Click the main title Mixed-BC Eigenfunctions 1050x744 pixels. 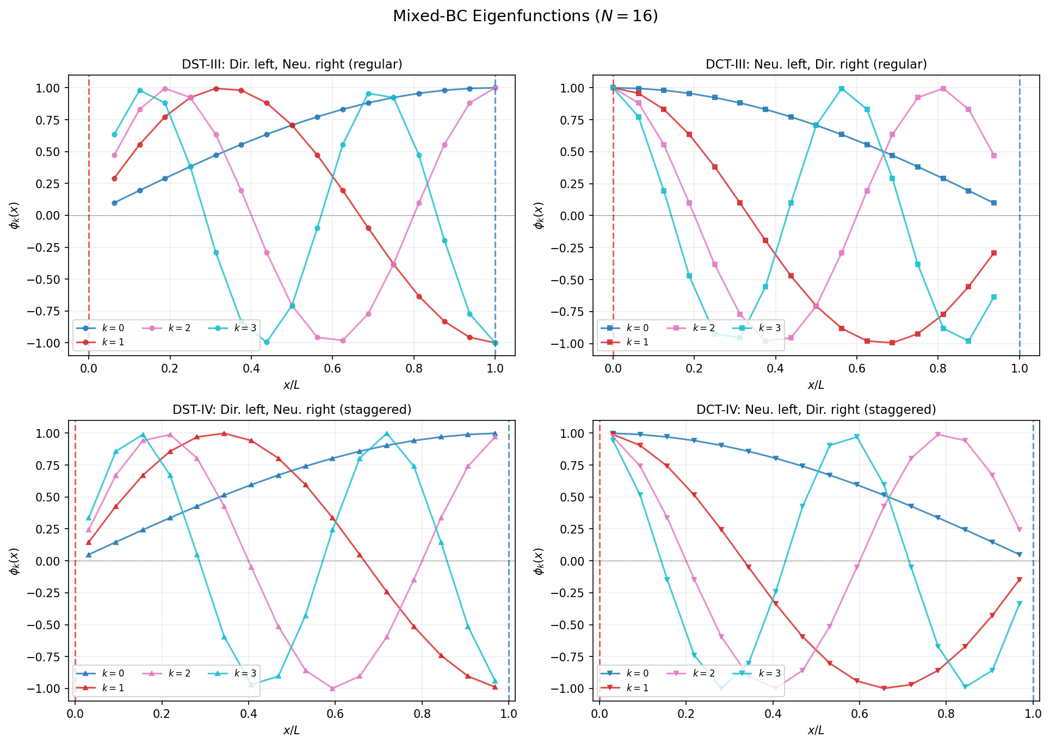[x=525, y=16]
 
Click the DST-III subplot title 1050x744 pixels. [x=292, y=64]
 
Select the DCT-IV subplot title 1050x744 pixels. [x=816, y=410]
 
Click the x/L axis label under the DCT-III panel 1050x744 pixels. [x=816, y=385]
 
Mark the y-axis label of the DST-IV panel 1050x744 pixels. [x=15, y=561]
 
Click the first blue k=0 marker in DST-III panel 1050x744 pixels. [x=114, y=203]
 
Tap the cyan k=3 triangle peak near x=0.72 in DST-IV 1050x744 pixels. [x=387, y=434]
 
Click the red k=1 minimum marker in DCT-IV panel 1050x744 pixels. [x=884, y=689]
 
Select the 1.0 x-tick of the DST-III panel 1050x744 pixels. [x=495, y=368]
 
